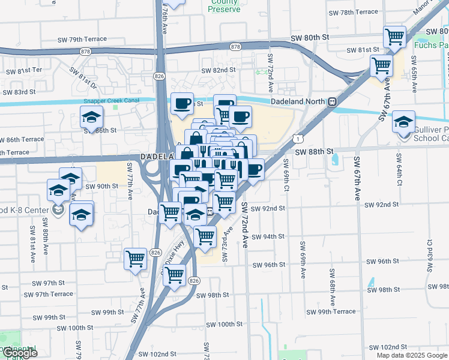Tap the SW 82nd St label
pos(218,70)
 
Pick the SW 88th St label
pos(313,152)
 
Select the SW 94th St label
pos(268,236)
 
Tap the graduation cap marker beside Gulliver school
pos(404,122)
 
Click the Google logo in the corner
pos(19,353)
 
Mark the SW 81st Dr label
pos(82,77)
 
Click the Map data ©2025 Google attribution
pos(412,355)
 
